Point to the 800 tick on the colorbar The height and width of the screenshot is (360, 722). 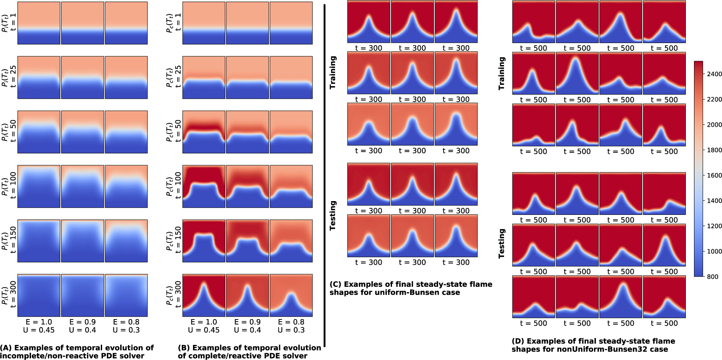pos(712,276)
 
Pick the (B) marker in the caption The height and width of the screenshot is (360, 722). pos(184,348)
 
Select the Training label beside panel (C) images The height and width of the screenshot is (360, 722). pos(333,72)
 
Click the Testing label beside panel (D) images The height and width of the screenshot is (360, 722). pos(501,243)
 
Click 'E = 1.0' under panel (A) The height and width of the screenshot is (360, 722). pos(39,322)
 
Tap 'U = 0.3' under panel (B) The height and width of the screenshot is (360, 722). pos(291,330)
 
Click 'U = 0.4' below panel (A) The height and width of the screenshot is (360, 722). pos(83,330)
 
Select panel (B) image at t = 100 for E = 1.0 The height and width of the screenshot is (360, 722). pos(204,186)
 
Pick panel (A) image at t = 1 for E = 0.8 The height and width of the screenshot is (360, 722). pos(126,23)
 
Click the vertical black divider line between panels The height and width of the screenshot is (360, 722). pos(324,172)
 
